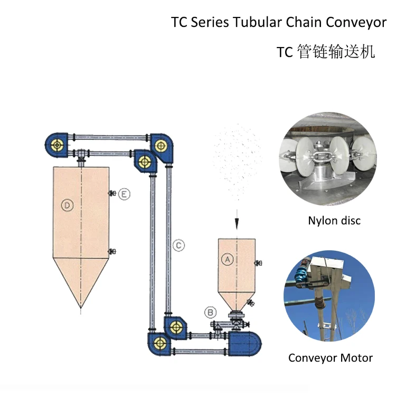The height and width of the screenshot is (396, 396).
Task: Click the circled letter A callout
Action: click(x=228, y=259)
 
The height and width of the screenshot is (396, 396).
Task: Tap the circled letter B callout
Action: click(x=211, y=313)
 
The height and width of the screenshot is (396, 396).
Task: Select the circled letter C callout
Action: click(x=178, y=245)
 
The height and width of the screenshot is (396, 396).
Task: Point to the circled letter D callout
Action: click(x=67, y=206)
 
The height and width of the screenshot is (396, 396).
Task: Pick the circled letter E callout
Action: click(x=124, y=194)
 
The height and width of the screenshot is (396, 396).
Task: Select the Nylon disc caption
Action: click(x=334, y=221)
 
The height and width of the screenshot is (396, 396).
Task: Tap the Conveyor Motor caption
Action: click(x=331, y=358)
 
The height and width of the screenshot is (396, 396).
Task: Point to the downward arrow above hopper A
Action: click(x=237, y=222)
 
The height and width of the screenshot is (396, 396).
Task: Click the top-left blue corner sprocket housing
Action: click(x=56, y=144)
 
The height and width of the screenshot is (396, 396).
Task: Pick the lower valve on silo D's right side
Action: click(x=111, y=252)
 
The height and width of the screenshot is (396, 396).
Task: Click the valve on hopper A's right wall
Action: click(x=258, y=262)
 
